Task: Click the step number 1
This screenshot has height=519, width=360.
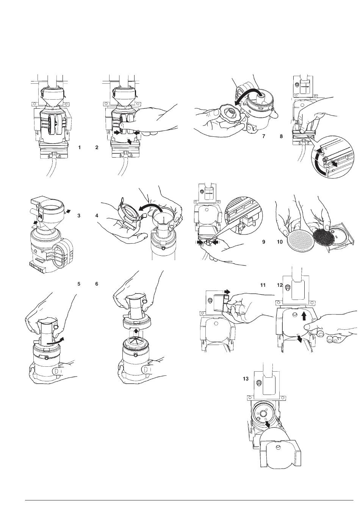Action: [x=79, y=147]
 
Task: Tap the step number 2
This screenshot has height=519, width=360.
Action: [x=97, y=147]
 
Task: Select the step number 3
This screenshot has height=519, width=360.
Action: [x=79, y=216]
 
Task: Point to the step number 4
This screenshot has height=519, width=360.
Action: [x=97, y=216]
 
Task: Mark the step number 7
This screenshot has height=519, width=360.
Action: [x=264, y=136]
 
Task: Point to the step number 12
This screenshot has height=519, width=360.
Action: [x=280, y=285]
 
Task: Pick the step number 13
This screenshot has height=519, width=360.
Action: [x=246, y=378]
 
